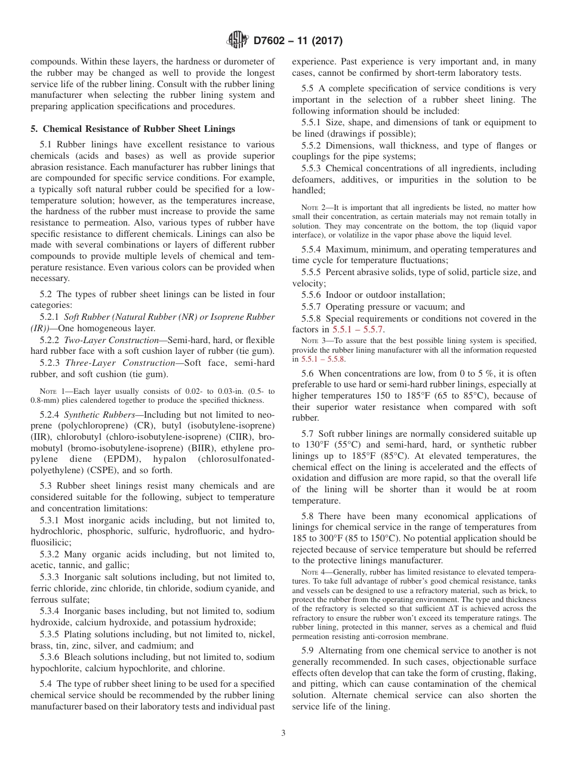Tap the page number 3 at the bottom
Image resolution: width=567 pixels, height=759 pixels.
click(283, 733)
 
